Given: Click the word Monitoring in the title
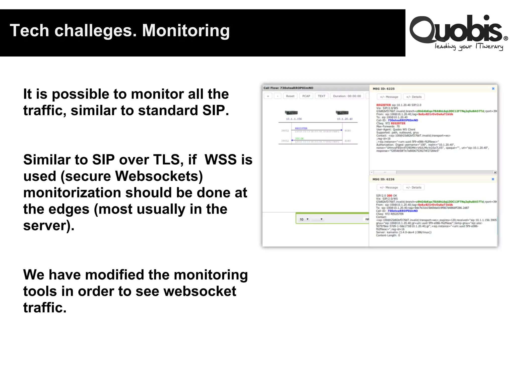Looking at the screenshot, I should click(x=186, y=31).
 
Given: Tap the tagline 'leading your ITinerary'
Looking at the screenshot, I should click(x=469, y=47).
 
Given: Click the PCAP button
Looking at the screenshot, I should click(x=306, y=96).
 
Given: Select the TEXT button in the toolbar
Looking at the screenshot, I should click(x=321, y=96).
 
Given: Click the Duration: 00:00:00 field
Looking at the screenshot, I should click(x=347, y=96).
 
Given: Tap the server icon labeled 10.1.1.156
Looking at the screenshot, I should click(x=291, y=113).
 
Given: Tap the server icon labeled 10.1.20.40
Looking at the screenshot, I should click(x=342, y=113).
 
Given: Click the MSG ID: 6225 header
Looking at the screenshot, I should click(x=383, y=89).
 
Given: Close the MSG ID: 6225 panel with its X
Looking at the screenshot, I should click(x=493, y=88).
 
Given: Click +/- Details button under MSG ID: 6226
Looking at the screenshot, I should click(x=413, y=187).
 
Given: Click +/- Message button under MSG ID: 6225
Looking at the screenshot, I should click(x=389, y=97).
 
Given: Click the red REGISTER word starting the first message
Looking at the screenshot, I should click(x=383, y=105).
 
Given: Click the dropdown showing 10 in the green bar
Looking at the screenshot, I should click(x=304, y=219).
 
